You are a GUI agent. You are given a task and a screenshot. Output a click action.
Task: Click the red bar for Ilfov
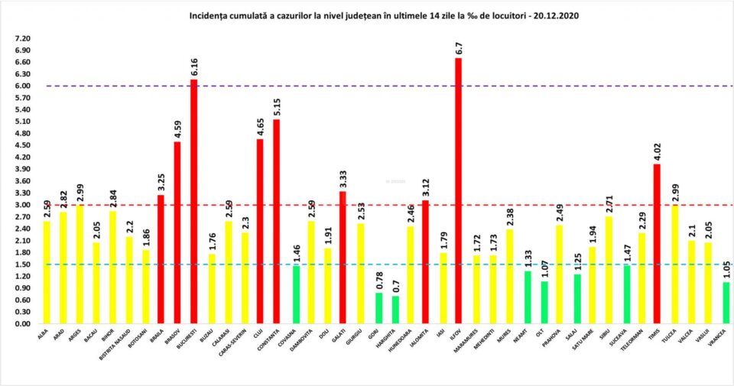459,191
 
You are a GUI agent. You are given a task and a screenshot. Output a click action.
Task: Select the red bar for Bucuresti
194,202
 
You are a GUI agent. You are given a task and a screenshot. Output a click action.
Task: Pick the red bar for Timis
657,244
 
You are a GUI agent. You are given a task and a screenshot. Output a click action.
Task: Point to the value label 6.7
459,48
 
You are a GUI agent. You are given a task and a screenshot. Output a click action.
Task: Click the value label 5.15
277,105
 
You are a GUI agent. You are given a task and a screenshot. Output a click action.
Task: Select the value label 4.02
657,151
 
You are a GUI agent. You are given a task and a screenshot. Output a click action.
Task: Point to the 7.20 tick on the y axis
21,38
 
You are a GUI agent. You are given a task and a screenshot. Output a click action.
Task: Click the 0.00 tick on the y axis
21,324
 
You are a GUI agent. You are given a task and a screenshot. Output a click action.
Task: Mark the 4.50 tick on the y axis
21,145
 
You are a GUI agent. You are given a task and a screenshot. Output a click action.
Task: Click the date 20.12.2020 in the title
550,15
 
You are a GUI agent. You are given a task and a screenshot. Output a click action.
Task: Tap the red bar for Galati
343,258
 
